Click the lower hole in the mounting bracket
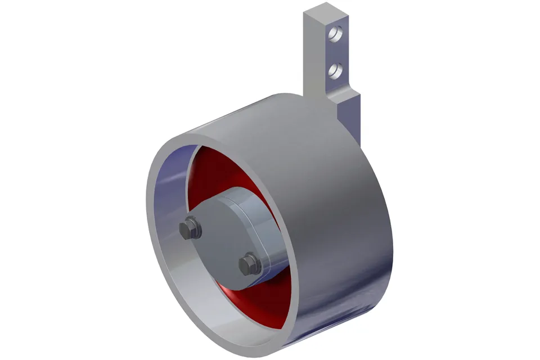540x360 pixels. [x=335, y=70]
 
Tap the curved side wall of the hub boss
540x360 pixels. [x=264, y=225]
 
